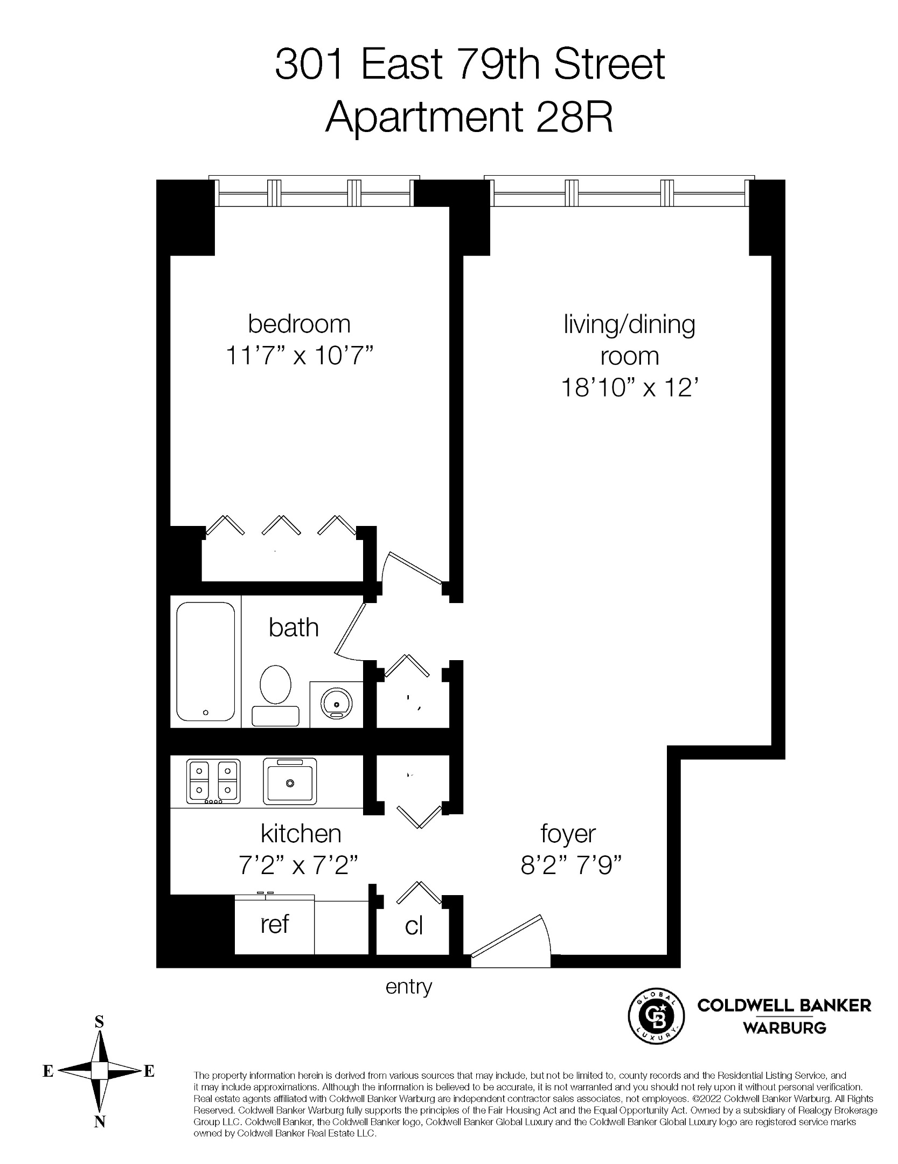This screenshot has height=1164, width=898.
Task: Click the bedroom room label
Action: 299,324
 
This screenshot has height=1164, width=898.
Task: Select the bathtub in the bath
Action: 205,661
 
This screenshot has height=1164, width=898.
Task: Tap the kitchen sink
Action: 290,781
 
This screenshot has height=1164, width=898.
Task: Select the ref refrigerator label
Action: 274,924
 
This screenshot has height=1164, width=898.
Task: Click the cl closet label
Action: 414,926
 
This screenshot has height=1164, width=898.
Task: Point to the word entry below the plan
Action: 409,987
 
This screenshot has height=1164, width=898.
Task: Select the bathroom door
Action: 350,630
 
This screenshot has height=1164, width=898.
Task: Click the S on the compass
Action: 99,1022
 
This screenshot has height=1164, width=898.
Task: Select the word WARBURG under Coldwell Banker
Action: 784,1028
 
